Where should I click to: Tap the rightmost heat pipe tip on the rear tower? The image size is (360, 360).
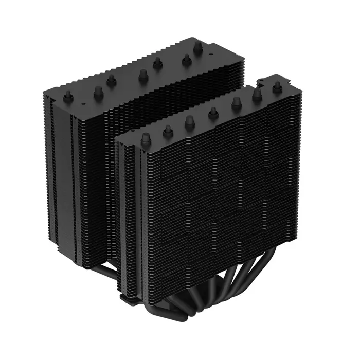tap(197, 46)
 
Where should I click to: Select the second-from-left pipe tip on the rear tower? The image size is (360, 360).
tap(98, 92)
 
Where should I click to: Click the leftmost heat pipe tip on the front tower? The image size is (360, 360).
tap(146, 138)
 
